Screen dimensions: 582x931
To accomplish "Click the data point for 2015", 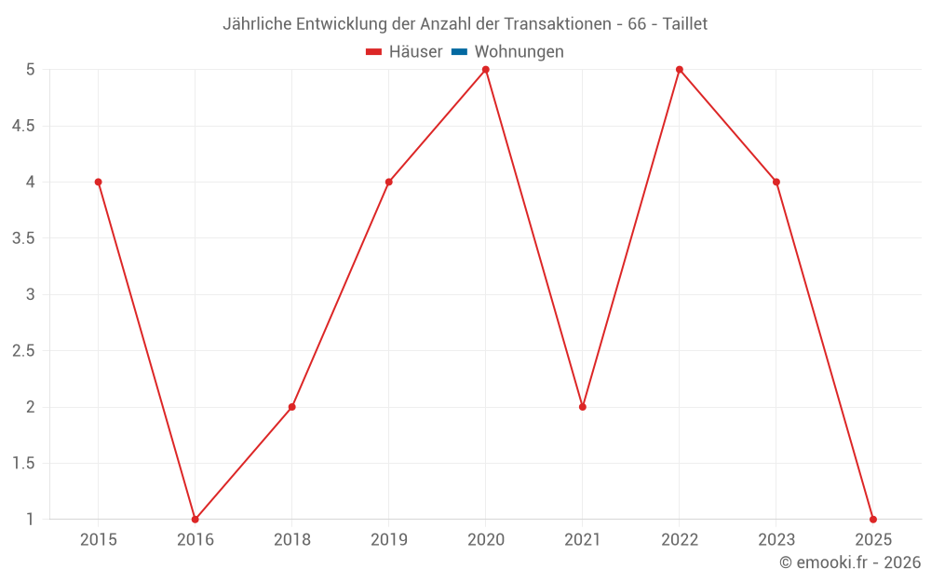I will click(98, 182).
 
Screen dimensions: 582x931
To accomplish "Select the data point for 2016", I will click(195, 519).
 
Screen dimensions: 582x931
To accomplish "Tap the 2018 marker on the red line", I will click(291, 407).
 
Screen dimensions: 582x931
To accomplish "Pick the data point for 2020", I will click(485, 70).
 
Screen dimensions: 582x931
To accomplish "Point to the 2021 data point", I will click(582, 407).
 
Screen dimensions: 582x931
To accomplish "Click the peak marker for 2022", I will click(679, 70).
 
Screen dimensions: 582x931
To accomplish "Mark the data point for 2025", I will click(872, 519).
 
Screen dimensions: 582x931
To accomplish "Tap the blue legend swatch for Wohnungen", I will click(459, 52).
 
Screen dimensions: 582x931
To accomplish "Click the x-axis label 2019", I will click(388, 539).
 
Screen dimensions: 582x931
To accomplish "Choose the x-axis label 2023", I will click(776, 539).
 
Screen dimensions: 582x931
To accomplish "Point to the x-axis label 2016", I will click(195, 539).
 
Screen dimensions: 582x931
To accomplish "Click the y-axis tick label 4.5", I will click(23, 126).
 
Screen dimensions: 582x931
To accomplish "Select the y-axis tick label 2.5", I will click(23, 351).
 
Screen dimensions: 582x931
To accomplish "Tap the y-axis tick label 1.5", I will click(23, 463).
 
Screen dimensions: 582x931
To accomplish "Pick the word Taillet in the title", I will click(684, 24).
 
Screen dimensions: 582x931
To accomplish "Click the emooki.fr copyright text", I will click(849, 562).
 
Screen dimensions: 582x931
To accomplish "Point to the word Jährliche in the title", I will click(257, 24).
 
